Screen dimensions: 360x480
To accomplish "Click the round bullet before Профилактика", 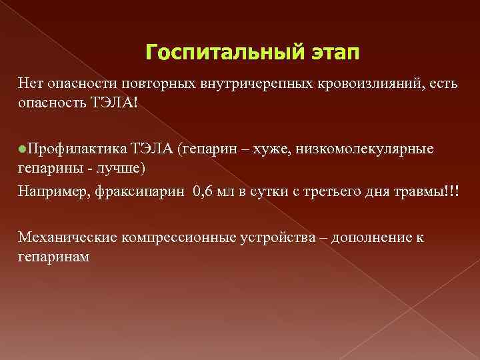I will coord(22,148).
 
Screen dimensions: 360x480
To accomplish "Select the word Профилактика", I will coord(69,148).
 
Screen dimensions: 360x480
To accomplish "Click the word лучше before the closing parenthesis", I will coord(117,166).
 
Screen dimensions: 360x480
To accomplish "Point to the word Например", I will coord(53,193).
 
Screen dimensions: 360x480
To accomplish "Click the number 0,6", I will coord(204,193).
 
